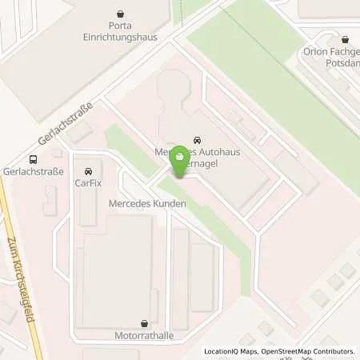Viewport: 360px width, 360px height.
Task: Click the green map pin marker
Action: [182, 158]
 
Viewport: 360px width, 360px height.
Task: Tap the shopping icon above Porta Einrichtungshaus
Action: [120, 14]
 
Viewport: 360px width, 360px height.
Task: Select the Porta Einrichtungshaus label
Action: [120, 31]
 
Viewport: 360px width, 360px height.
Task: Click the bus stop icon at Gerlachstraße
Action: [33, 158]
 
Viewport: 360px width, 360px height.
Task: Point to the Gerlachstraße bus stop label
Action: [33, 173]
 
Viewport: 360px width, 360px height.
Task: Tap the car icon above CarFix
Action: [88, 171]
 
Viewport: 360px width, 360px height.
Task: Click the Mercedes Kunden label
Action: [147, 204]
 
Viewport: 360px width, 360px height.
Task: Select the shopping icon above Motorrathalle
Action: [143, 323]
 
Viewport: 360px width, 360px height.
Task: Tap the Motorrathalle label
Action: [143, 337]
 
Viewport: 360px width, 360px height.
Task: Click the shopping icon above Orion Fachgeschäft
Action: [345, 38]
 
